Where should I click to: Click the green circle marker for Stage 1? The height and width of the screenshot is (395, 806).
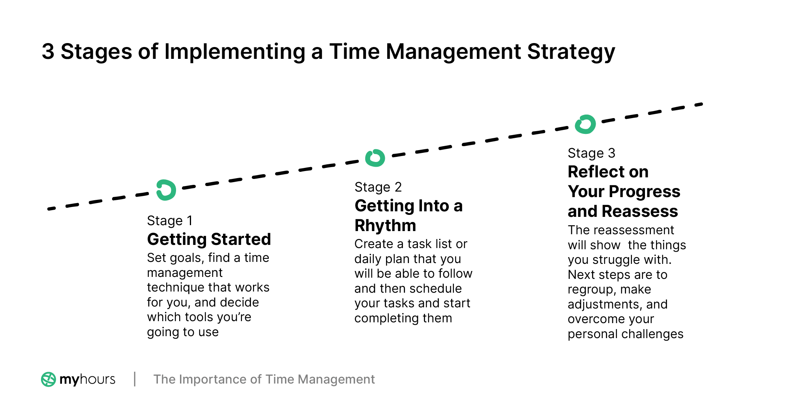tap(166, 190)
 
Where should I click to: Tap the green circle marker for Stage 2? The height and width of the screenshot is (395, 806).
tap(375, 158)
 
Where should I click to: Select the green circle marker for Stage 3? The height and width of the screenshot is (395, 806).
tap(585, 124)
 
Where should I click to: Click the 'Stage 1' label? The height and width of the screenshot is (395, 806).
tap(170, 220)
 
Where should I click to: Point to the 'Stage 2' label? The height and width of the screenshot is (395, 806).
tap(378, 187)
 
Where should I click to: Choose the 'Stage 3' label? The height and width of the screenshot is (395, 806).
tap(591, 153)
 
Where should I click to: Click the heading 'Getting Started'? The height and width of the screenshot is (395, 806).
tap(209, 239)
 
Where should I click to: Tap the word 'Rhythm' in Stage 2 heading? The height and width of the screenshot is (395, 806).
tap(385, 226)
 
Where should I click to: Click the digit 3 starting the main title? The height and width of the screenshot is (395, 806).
tap(48, 52)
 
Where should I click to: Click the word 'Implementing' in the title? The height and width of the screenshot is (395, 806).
tap(234, 52)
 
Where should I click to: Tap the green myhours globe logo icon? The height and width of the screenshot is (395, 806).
tap(49, 379)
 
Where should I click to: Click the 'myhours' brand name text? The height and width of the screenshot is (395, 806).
tap(87, 380)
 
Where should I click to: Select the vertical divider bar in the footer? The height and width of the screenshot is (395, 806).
tap(135, 379)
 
